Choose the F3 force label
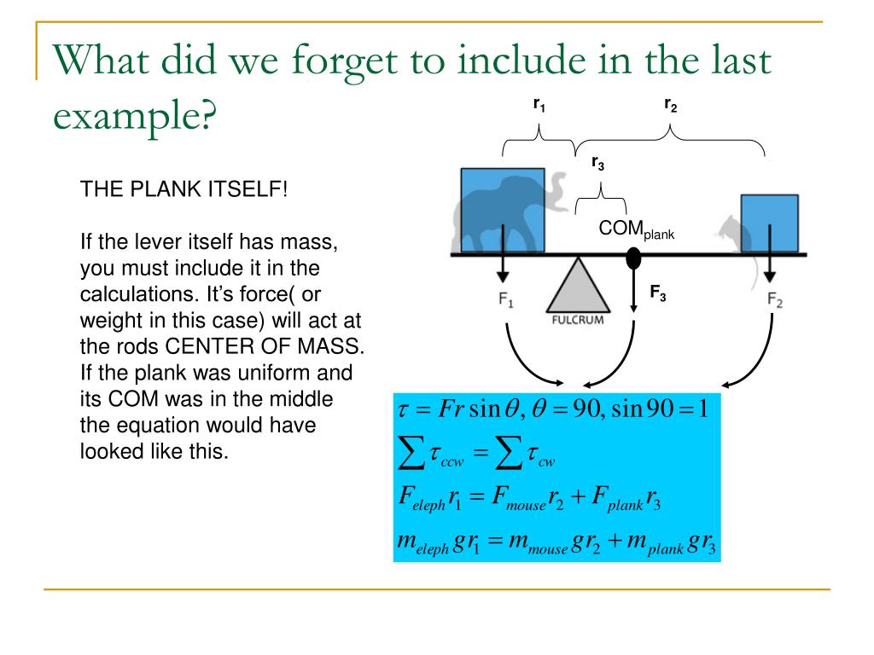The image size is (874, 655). (x=658, y=294)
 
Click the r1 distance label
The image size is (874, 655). (x=539, y=106)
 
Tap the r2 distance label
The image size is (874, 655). (x=671, y=106)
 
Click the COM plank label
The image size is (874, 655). (x=636, y=229)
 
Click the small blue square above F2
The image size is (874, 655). (x=769, y=223)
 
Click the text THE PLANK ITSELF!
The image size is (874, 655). (x=184, y=189)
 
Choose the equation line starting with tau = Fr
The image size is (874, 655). (x=553, y=409)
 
